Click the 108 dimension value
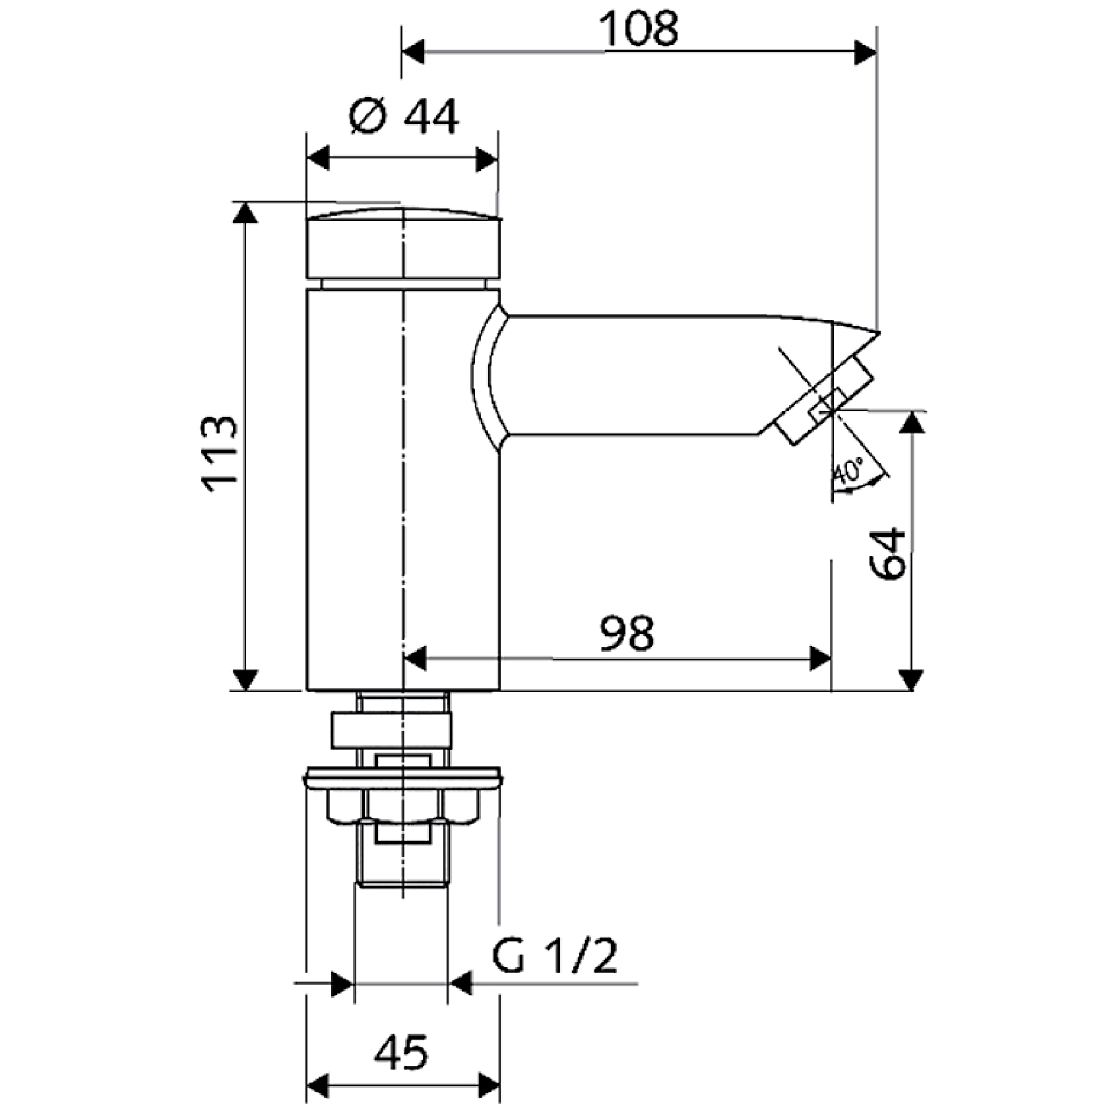(x=639, y=30)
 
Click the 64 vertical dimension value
(x=885, y=553)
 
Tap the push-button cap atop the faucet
(x=403, y=245)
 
